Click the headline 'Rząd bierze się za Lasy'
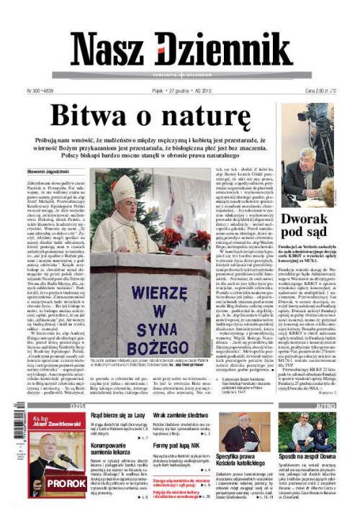coord(120,416)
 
